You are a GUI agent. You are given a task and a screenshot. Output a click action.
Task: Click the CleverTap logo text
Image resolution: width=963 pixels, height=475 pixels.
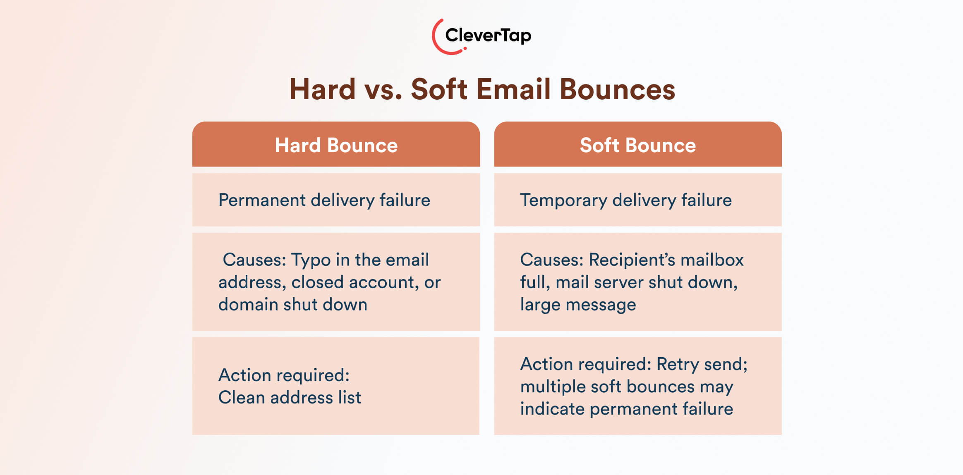(x=488, y=36)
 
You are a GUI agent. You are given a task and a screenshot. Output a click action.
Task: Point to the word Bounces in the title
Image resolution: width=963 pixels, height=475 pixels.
(x=617, y=89)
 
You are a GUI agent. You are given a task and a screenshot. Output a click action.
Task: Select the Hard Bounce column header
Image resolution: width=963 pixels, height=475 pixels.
(x=336, y=145)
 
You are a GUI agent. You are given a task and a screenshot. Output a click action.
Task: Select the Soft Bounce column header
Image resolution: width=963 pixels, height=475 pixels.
(x=637, y=145)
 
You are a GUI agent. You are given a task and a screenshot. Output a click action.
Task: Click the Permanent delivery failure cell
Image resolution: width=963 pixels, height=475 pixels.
(x=324, y=200)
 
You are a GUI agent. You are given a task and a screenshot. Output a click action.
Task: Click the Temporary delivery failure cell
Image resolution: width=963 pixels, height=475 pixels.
(x=625, y=200)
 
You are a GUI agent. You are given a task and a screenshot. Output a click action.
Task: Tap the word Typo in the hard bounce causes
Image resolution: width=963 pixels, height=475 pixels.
(x=311, y=260)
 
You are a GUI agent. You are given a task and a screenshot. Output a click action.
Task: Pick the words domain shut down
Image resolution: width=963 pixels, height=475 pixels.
(x=292, y=305)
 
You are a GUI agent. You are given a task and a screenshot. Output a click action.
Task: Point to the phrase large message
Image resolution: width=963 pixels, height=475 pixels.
(x=577, y=305)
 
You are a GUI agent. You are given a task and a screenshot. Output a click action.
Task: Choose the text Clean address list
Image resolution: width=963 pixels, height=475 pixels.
(x=290, y=398)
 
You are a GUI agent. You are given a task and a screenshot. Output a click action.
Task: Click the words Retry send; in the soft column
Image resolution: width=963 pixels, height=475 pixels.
(x=702, y=364)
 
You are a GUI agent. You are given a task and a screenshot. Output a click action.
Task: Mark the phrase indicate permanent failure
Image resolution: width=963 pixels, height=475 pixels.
(x=626, y=409)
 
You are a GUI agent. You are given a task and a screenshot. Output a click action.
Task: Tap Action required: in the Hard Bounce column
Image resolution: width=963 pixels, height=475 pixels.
(x=284, y=375)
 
